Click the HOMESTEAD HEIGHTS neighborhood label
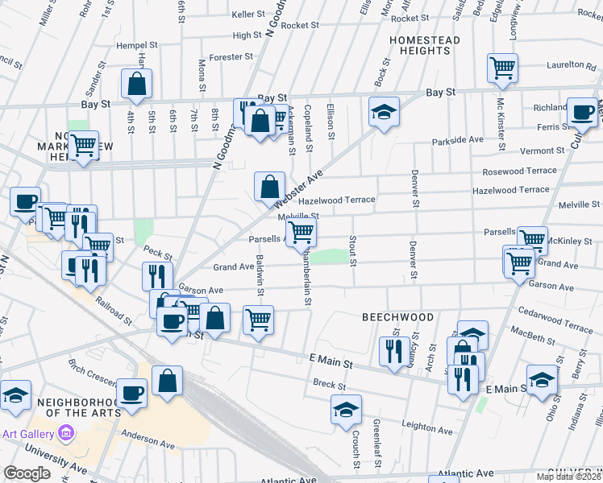(425, 45)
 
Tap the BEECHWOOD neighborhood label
(397, 317)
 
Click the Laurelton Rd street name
(572, 65)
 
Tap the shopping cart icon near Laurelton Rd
(502, 68)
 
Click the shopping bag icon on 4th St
(137, 84)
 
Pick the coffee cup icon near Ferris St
(581, 113)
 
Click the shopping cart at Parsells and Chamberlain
(301, 233)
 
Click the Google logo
(27, 473)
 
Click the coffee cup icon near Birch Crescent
(132, 393)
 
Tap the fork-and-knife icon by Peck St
(157, 276)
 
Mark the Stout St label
(353, 250)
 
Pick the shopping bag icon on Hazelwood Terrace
(269, 186)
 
